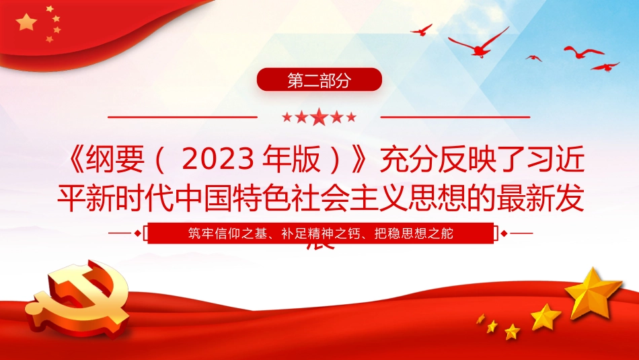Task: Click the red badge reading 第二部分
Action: tap(319, 80)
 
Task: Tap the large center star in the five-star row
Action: tap(319, 117)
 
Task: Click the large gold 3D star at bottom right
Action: tap(593, 292)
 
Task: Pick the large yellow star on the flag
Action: tap(26, 23)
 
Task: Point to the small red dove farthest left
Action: tap(422, 30)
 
